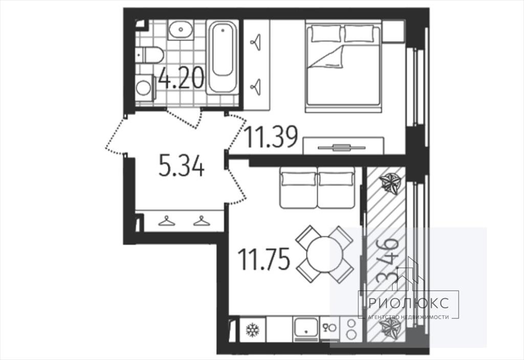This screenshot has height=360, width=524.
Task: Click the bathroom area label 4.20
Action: point(181,78)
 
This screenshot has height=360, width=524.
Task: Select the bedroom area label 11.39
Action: point(271,137)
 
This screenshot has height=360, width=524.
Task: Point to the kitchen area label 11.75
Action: point(264,260)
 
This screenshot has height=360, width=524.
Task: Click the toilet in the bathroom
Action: point(149,55)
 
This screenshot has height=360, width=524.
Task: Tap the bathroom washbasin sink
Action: point(181,30)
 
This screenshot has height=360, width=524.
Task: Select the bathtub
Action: point(223,57)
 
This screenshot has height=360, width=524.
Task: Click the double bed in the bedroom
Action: point(343,66)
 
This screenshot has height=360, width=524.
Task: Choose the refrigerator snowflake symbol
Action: point(253,330)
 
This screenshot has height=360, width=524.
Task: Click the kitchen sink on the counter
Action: point(306,329)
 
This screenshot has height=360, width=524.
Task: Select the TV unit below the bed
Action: point(343,145)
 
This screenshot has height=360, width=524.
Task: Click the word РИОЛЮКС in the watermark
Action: point(408,304)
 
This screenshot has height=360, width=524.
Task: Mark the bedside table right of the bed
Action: point(394,31)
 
